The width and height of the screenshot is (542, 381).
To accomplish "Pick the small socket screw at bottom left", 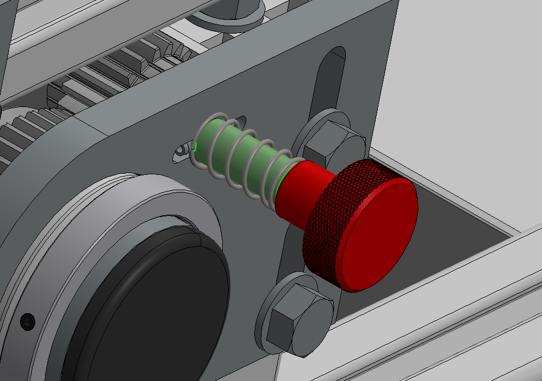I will coord(27,321).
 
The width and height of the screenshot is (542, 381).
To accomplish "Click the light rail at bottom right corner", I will coord(456,342).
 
